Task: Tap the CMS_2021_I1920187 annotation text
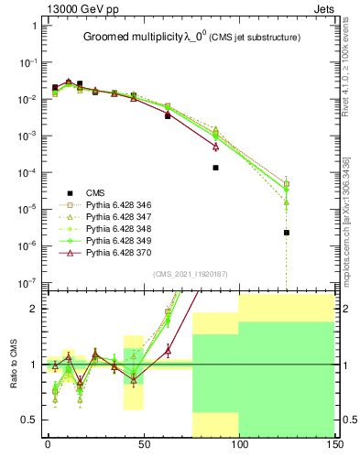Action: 190,273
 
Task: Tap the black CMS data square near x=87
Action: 215,168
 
